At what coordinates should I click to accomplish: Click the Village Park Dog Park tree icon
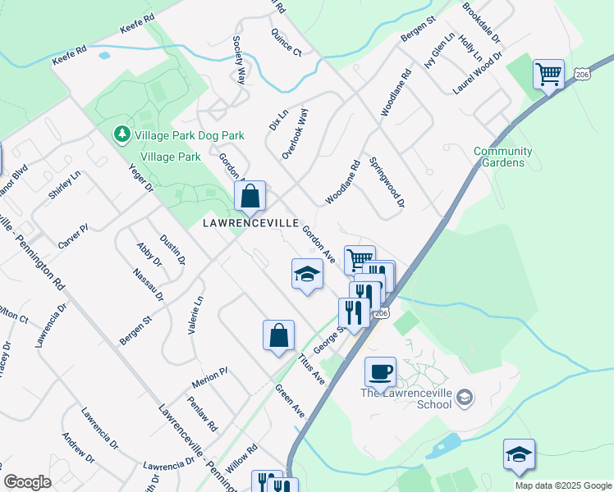[121, 134]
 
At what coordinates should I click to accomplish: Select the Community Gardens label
[503, 157]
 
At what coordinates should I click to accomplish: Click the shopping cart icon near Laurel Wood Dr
[548, 75]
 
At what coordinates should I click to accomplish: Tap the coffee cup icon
[380, 371]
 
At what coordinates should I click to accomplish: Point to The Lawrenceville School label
[407, 393]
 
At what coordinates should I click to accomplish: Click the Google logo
[27, 482]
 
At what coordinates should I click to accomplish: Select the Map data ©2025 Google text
[562, 485]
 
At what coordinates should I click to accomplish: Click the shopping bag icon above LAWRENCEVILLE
[250, 197]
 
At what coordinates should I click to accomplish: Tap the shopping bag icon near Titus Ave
[278, 335]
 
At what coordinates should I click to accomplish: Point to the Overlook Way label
[295, 134]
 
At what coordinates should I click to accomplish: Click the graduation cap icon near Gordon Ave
[307, 274]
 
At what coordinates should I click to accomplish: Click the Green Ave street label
[290, 402]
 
